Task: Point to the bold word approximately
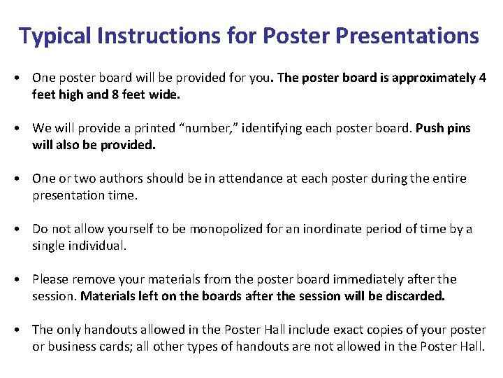coord(434,78)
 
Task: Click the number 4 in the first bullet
coord(483,78)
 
